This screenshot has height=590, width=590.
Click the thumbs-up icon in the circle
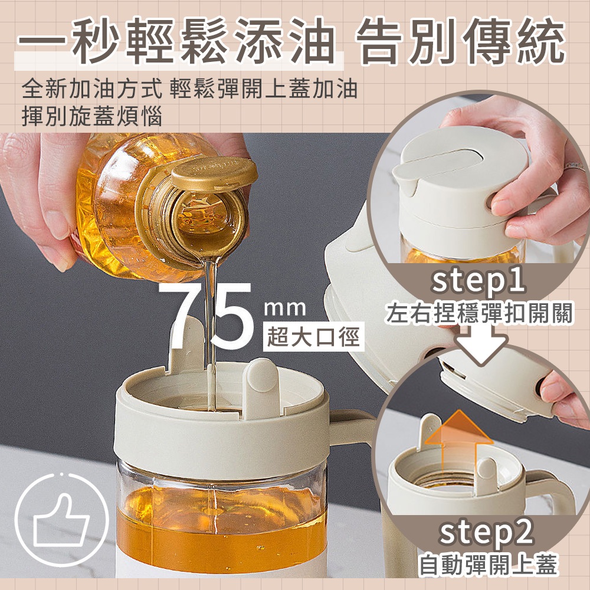61,522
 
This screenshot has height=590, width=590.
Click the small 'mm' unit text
285,308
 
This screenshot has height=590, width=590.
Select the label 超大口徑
313,336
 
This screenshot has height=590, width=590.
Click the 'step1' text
478,282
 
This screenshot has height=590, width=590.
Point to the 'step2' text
486,532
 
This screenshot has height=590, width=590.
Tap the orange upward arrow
458,440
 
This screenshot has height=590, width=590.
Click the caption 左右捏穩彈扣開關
479,313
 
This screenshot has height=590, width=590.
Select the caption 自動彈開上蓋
488,565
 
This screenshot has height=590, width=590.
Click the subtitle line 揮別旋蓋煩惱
92,116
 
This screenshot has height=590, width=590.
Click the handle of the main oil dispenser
352,425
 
